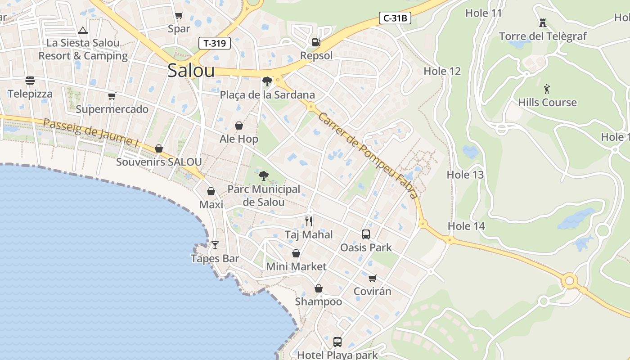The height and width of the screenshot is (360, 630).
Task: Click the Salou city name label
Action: (191, 71)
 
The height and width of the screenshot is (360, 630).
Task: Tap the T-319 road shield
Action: (215, 43)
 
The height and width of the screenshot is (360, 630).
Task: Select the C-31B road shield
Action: (395, 18)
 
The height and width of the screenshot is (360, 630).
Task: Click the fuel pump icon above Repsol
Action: (316, 42)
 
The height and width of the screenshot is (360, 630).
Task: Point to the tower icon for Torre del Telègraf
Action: (543, 22)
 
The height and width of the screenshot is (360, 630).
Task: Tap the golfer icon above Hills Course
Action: (547, 89)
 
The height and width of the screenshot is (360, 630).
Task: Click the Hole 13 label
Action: (465, 175)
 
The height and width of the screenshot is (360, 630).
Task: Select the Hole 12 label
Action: (442, 71)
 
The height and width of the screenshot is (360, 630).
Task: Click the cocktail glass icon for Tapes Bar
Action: (215, 245)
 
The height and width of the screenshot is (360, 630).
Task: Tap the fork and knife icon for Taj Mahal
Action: (309, 221)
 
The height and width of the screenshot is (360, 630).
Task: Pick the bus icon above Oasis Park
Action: (366, 234)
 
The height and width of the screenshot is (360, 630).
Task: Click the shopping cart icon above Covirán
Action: (372, 278)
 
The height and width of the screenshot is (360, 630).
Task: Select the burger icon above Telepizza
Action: (30, 81)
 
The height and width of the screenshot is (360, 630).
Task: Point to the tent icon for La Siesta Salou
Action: (82, 31)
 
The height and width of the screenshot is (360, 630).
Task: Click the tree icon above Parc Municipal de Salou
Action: (264, 175)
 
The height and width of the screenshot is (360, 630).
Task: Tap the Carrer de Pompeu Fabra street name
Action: (367, 155)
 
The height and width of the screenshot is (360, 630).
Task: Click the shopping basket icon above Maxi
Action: (211, 191)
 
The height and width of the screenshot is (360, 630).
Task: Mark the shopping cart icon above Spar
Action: (179, 16)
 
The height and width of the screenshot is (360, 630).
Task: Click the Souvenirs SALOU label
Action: (159, 162)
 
